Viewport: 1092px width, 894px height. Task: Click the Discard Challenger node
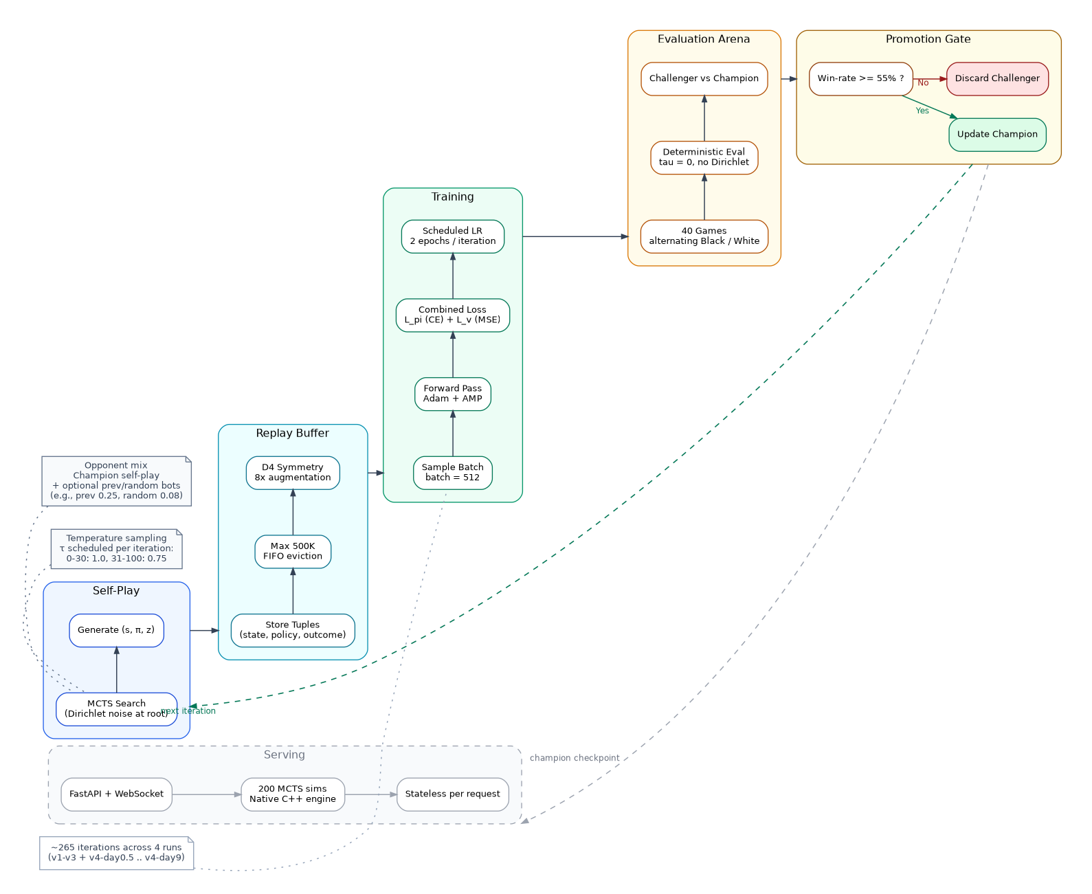(997, 78)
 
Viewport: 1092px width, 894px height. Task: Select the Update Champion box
(997, 135)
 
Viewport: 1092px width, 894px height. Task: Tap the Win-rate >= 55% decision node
(860, 78)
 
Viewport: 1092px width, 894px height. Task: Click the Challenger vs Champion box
(704, 78)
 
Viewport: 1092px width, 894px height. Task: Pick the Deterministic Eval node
(704, 157)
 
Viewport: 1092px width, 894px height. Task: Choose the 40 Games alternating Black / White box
(704, 236)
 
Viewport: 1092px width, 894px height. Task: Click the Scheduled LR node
(453, 236)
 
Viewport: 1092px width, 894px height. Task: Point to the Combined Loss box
(453, 315)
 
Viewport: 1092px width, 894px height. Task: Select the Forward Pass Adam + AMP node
(453, 394)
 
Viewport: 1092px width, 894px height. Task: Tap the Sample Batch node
(453, 473)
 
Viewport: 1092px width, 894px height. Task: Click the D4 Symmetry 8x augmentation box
(293, 473)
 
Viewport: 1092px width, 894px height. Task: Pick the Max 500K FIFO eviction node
(293, 551)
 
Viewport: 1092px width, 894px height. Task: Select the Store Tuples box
(293, 630)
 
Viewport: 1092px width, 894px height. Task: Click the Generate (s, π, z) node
(116, 630)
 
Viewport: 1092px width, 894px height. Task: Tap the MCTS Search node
(116, 709)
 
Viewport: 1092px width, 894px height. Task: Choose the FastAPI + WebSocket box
(116, 794)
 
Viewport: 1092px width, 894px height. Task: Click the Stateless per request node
(453, 794)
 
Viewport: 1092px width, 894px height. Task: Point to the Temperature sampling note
(116, 548)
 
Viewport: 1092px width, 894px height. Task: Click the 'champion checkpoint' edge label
(575, 759)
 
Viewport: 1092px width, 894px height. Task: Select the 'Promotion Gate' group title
(928, 39)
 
